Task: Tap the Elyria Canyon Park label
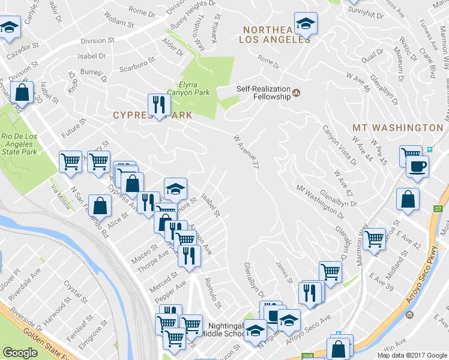(x=194, y=89)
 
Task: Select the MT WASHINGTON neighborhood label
(x=397, y=128)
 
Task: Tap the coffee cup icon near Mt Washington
(x=417, y=166)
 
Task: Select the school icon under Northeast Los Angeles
(x=306, y=24)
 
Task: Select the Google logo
(x=20, y=353)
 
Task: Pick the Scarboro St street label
(x=137, y=64)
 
